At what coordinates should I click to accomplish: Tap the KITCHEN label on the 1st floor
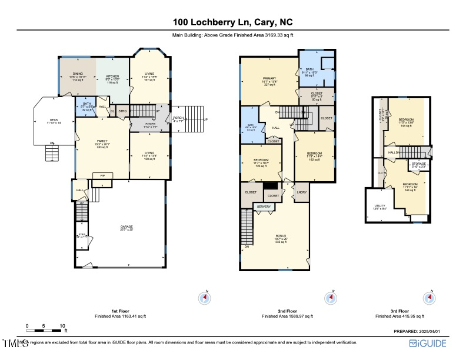[x=112, y=76]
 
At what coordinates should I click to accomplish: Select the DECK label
[x=54, y=122]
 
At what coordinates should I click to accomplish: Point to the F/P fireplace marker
[x=102, y=175]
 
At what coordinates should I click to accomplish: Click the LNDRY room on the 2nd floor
[x=302, y=192]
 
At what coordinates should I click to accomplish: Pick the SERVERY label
[x=264, y=206]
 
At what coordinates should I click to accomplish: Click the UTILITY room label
[x=380, y=206]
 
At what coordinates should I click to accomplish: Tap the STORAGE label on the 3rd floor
[x=418, y=164]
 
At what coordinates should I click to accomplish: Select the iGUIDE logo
[x=428, y=343]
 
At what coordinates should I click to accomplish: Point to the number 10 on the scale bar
[x=62, y=325]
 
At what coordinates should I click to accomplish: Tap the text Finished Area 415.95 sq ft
[x=400, y=316]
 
